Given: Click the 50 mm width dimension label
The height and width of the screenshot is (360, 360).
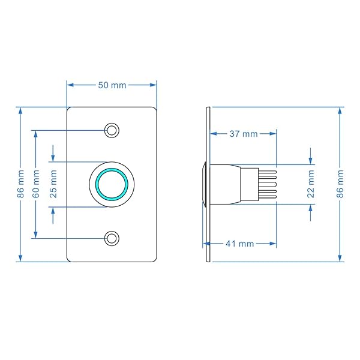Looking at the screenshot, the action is point(112,85).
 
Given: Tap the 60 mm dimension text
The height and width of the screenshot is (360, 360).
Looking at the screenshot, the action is point(36,184).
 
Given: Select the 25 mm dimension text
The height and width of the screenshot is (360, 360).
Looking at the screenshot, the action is point(53,184).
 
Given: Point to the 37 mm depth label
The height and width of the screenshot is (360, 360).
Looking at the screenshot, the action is point(244,134).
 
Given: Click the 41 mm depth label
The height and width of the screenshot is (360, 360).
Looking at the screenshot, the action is point(239,244).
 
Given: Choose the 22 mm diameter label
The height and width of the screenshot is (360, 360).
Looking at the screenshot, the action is point(311,184).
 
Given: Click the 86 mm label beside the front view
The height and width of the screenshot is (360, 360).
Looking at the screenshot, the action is point(20,184).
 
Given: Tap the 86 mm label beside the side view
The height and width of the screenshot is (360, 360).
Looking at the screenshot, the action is point(340,184).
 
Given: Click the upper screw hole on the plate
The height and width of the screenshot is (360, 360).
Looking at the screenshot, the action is point(112,130).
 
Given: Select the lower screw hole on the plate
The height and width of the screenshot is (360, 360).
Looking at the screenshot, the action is point(112,238).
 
